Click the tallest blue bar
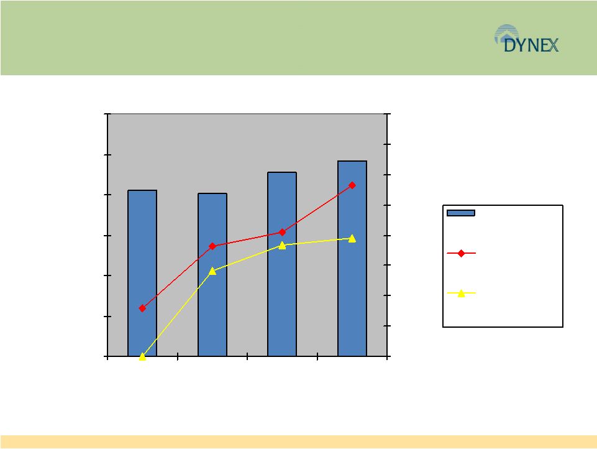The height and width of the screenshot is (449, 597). pyautogui.click(x=352, y=259)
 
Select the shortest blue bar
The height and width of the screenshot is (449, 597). pyautogui.click(x=212, y=275)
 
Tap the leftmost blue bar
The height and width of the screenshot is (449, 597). pyautogui.click(x=142, y=273)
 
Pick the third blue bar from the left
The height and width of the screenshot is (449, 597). pyautogui.click(x=282, y=264)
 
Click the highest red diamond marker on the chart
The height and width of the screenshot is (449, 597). pyautogui.click(x=352, y=185)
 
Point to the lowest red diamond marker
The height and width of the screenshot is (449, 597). pyautogui.click(x=142, y=308)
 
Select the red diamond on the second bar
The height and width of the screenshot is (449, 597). pyautogui.click(x=212, y=246)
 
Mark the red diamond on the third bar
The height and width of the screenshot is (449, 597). pyautogui.click(x=282, y=232)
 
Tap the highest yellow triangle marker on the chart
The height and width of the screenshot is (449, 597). pyautogui.click(x=352, y=239)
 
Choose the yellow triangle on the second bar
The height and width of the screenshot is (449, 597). pyautogui.click(x=212, y=271)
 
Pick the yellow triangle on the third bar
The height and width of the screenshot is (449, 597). pyautogui.click(x=282, y=246)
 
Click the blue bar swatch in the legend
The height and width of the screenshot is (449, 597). pyautogui.click(x=461, y=213)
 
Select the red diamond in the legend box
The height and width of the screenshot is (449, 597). pyautogui.click(x=461, y=253)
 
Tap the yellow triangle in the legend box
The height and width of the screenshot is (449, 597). pyautogui.click(x=461, y=293)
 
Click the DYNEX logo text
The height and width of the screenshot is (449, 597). pyautogui.click(x=531, y=45)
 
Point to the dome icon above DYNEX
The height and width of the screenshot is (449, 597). pyautogui.click(x=507, y=33)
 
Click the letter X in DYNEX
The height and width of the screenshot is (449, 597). pyautogui.click(x=554, y=45)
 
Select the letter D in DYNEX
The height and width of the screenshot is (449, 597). pyautogui.click(x=509, y=45)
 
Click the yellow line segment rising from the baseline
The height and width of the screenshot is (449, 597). pyautogui.click(x=178, y=313)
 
